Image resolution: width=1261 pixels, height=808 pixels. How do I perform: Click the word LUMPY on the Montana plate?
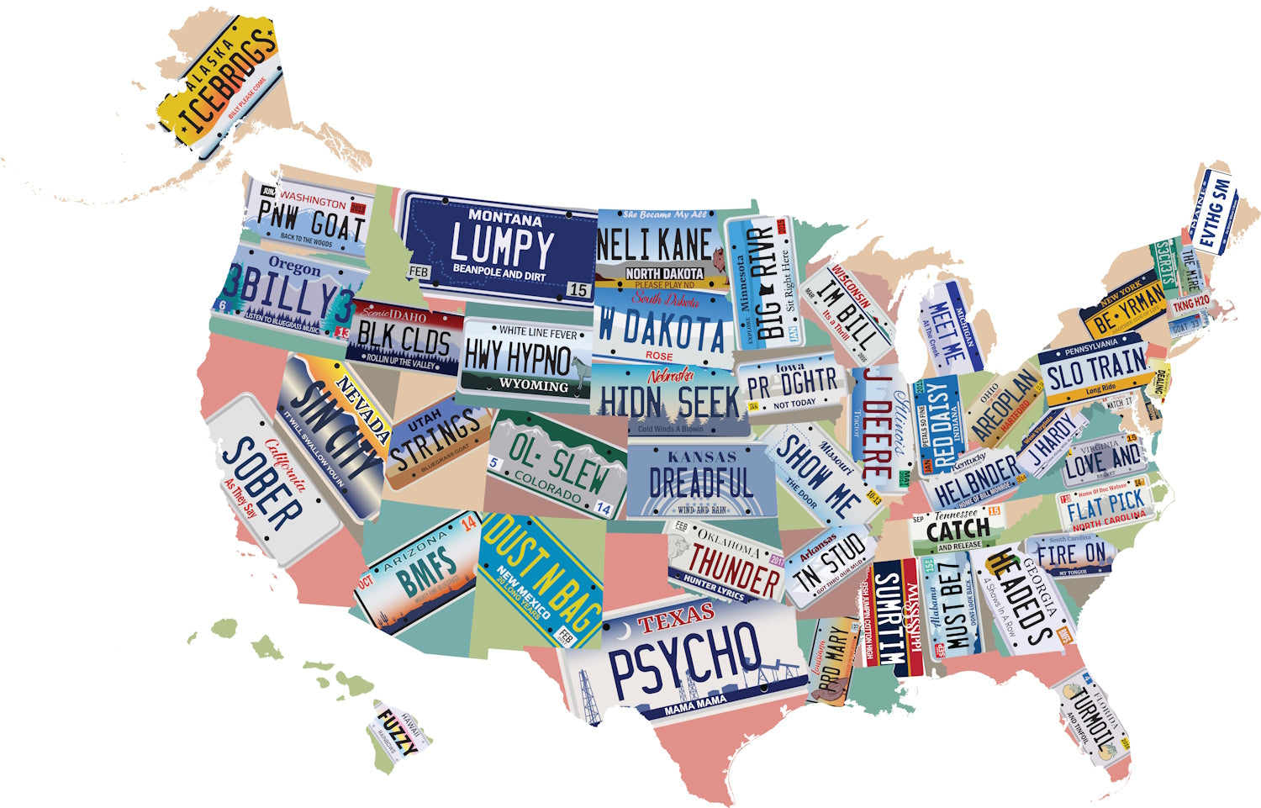click(502, 246)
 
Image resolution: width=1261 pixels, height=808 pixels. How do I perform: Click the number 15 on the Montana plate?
click(578, 290)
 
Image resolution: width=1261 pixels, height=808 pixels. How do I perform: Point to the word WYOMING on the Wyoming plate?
click(533, 385)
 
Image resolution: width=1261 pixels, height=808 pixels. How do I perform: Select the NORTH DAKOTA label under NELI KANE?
click(664, 273)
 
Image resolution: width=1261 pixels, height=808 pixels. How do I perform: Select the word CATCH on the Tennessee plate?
click(958, 530)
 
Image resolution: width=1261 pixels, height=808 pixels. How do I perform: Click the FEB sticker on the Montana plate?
click(418, 272)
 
